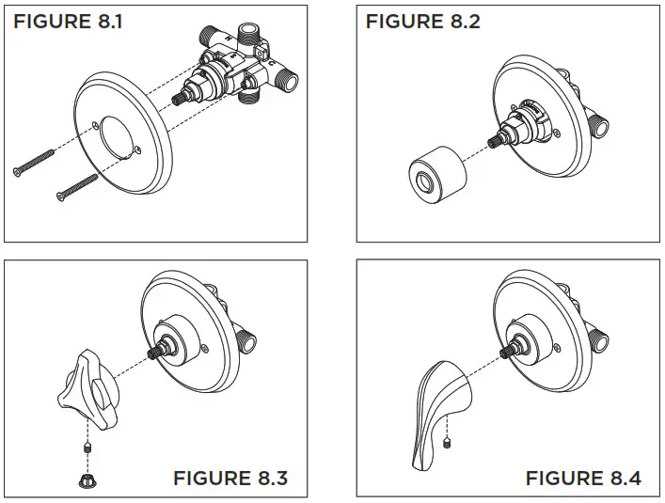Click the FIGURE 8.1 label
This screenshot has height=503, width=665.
coord(67,21)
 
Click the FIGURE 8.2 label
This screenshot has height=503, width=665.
coord(422,21)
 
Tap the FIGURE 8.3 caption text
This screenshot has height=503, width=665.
coord(230,478)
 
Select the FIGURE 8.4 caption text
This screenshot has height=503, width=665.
coord(583,478)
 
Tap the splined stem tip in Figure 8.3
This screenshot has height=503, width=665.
coord(158,355)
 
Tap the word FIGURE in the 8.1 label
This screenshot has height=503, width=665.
coord(48,21)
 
